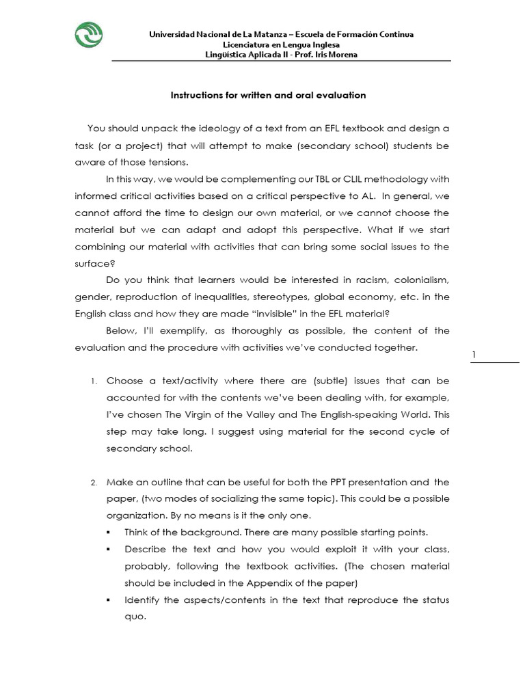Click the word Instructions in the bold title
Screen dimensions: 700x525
[x=195, y=95]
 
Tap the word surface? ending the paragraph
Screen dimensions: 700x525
[x=92, y=264]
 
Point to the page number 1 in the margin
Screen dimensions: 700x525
[x=473, y=354]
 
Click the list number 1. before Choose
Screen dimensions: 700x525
[x=94, y=381]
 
